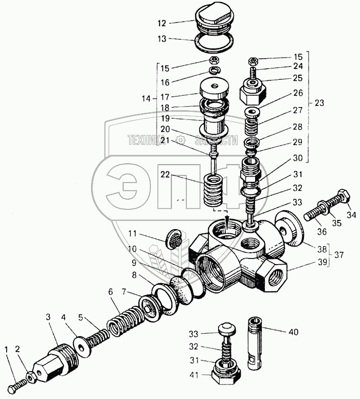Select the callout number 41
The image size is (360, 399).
coord(194,376)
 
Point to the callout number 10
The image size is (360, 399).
coord(133,249)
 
